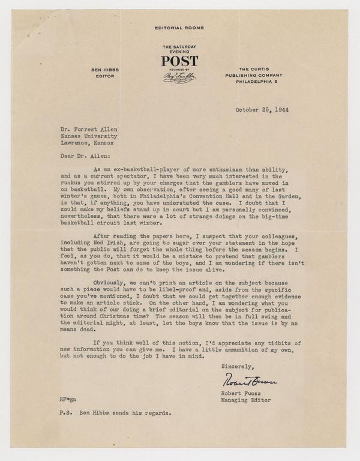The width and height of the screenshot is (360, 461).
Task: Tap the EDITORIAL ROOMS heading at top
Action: click(x=179, y=28)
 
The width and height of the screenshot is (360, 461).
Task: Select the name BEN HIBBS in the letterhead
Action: click(x=104, y=70)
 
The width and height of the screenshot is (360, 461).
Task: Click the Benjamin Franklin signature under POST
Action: click(x=179, y=78)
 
